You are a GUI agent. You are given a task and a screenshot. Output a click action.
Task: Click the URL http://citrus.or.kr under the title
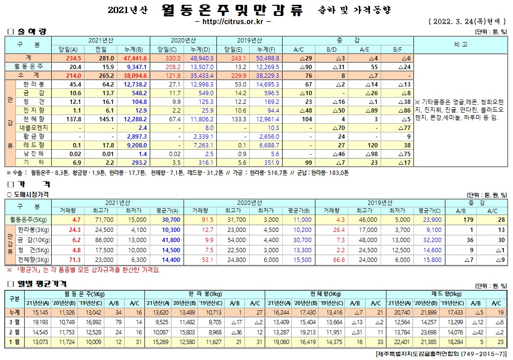point(233,22)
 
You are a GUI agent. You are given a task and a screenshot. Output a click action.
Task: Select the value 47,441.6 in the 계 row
point(136,58)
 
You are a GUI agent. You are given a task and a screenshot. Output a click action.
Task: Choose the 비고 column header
point(460,44)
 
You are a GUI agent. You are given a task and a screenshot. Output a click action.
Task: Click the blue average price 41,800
point(171,240)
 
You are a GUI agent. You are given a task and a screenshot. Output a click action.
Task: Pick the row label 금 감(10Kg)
point(34,240)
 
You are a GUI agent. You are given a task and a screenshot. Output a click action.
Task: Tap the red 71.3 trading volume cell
point(61,259)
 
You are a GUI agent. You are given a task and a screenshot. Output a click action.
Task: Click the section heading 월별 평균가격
point(39,284)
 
